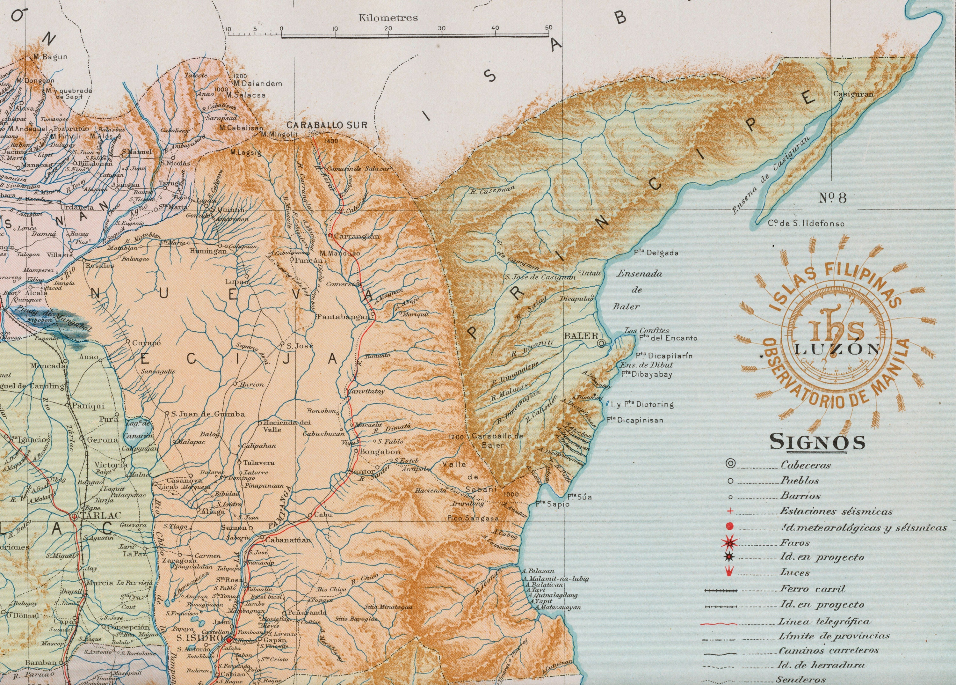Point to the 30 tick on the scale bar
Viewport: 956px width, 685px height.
tap(441, 28)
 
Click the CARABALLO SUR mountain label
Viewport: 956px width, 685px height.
tap(327, 125)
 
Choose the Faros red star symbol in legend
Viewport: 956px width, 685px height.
tap(730, 542)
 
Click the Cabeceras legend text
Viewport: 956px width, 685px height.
tap(806, 465)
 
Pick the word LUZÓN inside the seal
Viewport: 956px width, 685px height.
tap(837, 349)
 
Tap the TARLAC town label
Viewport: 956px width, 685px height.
tap(100, 515)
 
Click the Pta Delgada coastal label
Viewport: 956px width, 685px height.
tap(656, 253)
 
